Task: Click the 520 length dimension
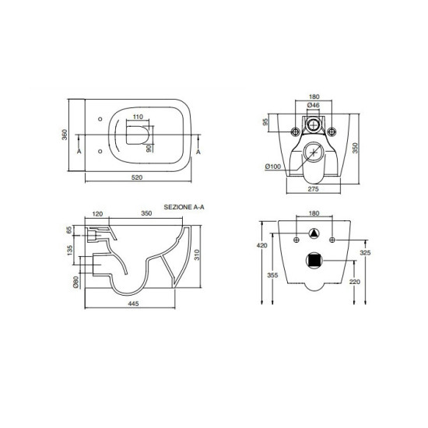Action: click(137, 177)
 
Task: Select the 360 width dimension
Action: click(65, 135)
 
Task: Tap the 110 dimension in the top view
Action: click(138, 117)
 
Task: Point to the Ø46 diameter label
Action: click(313, 105)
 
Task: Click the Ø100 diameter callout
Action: click(273, 167)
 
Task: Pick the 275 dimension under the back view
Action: click(313, 189)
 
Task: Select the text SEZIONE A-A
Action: click(184, 207)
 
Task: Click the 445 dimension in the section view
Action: click(133, 303)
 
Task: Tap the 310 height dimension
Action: click(197, 254)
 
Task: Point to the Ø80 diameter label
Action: click(76, 282)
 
